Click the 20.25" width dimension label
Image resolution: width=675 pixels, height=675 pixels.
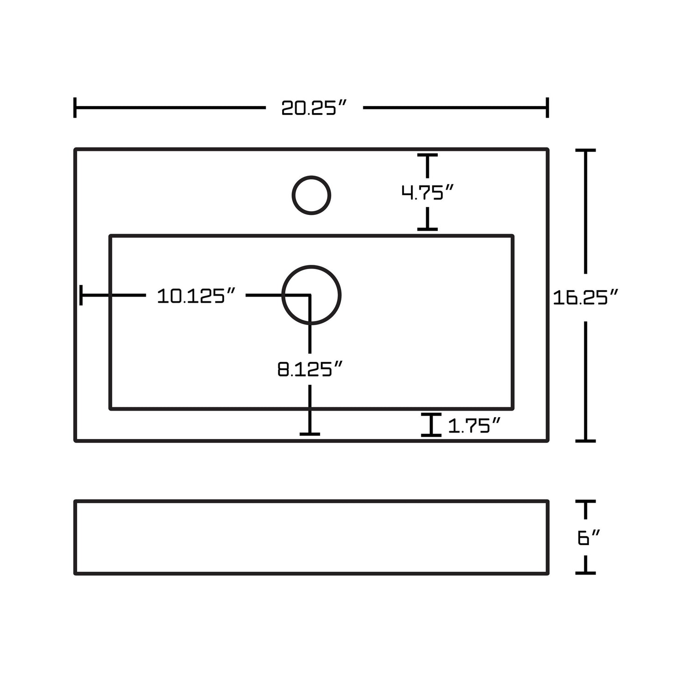(x=314, y=108)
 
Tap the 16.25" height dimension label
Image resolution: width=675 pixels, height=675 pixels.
(x=586, y=297)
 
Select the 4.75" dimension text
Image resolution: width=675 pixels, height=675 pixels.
(x=427, y=192)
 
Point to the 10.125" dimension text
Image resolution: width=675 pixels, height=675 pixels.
(x=196, y=296)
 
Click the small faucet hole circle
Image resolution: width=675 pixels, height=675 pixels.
(x=312, y=195)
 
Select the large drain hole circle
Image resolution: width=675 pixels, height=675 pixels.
(x=312, y=295)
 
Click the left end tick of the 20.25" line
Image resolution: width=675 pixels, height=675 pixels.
(x=75, y=108)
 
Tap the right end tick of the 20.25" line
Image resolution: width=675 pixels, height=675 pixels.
(x=547, y=108)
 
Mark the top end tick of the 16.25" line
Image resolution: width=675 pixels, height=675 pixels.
(x=586, y=150)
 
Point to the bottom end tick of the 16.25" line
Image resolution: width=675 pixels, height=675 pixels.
(x=586, y=440)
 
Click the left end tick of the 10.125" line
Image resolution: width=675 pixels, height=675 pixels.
(x=81, y=295)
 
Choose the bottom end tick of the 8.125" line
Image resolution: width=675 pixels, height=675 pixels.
(x=310, y=434)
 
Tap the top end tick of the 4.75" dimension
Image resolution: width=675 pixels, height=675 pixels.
(x=427, y=155)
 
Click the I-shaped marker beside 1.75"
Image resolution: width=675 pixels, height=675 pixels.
(x=431, y=425)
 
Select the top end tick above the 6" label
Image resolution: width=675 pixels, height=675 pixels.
(x=586, y=501)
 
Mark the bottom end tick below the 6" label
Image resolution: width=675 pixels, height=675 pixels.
(x=586, y=572)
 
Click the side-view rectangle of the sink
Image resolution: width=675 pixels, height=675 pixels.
(x=311, y=537)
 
